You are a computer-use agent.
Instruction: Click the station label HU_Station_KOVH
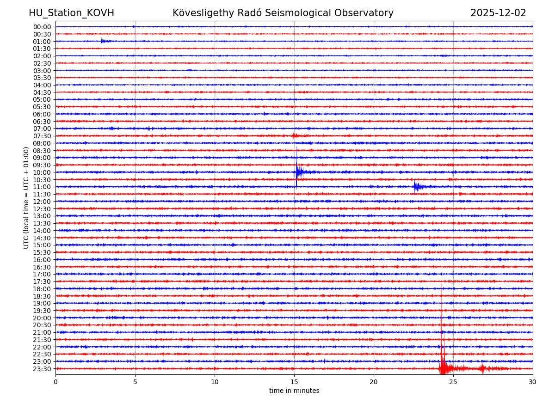click(x=71, y=13)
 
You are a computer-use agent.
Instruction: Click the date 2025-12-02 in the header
click(x=498, y=13)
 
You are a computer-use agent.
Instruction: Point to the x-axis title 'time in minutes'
click(x=294, y=391)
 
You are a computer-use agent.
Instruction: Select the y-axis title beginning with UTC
click(x=26, y=197)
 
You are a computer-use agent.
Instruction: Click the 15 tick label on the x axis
click(x=294, y=382)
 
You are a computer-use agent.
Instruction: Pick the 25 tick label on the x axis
click(x=453, y=382)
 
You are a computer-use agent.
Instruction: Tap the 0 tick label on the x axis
click(x=55, y=382)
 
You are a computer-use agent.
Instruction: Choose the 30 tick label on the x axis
click(x=533, y=382)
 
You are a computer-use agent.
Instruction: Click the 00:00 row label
click(x=42, y=27)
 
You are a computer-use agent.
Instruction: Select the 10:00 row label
click(x=42, y=172)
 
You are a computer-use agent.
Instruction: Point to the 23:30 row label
click(x=42, y=369)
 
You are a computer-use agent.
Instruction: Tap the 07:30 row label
click(x=42, y=136)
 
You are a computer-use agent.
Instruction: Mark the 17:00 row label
click(x=42, y=274)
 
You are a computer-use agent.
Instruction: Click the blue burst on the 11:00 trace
click(x=417, y=187)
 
